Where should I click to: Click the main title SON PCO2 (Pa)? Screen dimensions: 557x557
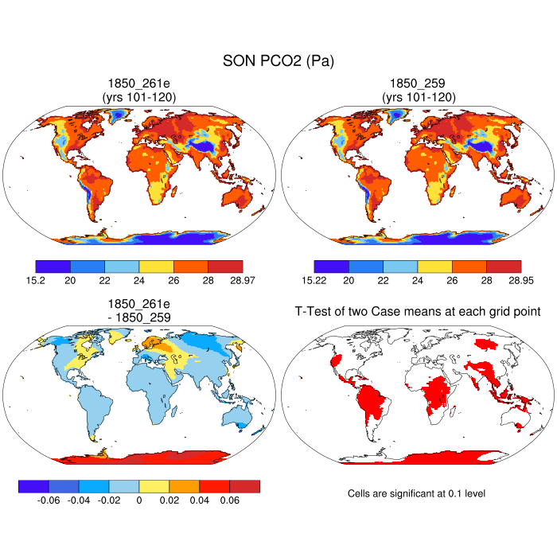click(x=278, y=60)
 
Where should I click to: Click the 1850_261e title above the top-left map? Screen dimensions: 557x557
click(x=139, y=83)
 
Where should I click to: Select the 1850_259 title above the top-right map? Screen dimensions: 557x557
click(x=418, y=83)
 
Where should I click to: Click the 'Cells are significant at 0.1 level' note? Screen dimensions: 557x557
click(x=416, y=494)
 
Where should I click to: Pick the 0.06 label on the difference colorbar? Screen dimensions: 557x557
click(x=229, y=501)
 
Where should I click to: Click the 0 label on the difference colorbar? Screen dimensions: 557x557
click(x=139, y=501)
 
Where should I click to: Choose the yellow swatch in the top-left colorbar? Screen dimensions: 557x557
click(x=156, y=266)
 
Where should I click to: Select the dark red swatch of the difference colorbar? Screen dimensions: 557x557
click(x=245, y=485)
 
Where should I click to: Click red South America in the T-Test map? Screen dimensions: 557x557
click(x=374, y=402)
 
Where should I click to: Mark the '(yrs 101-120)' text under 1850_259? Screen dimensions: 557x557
click(x=418, y=97)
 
